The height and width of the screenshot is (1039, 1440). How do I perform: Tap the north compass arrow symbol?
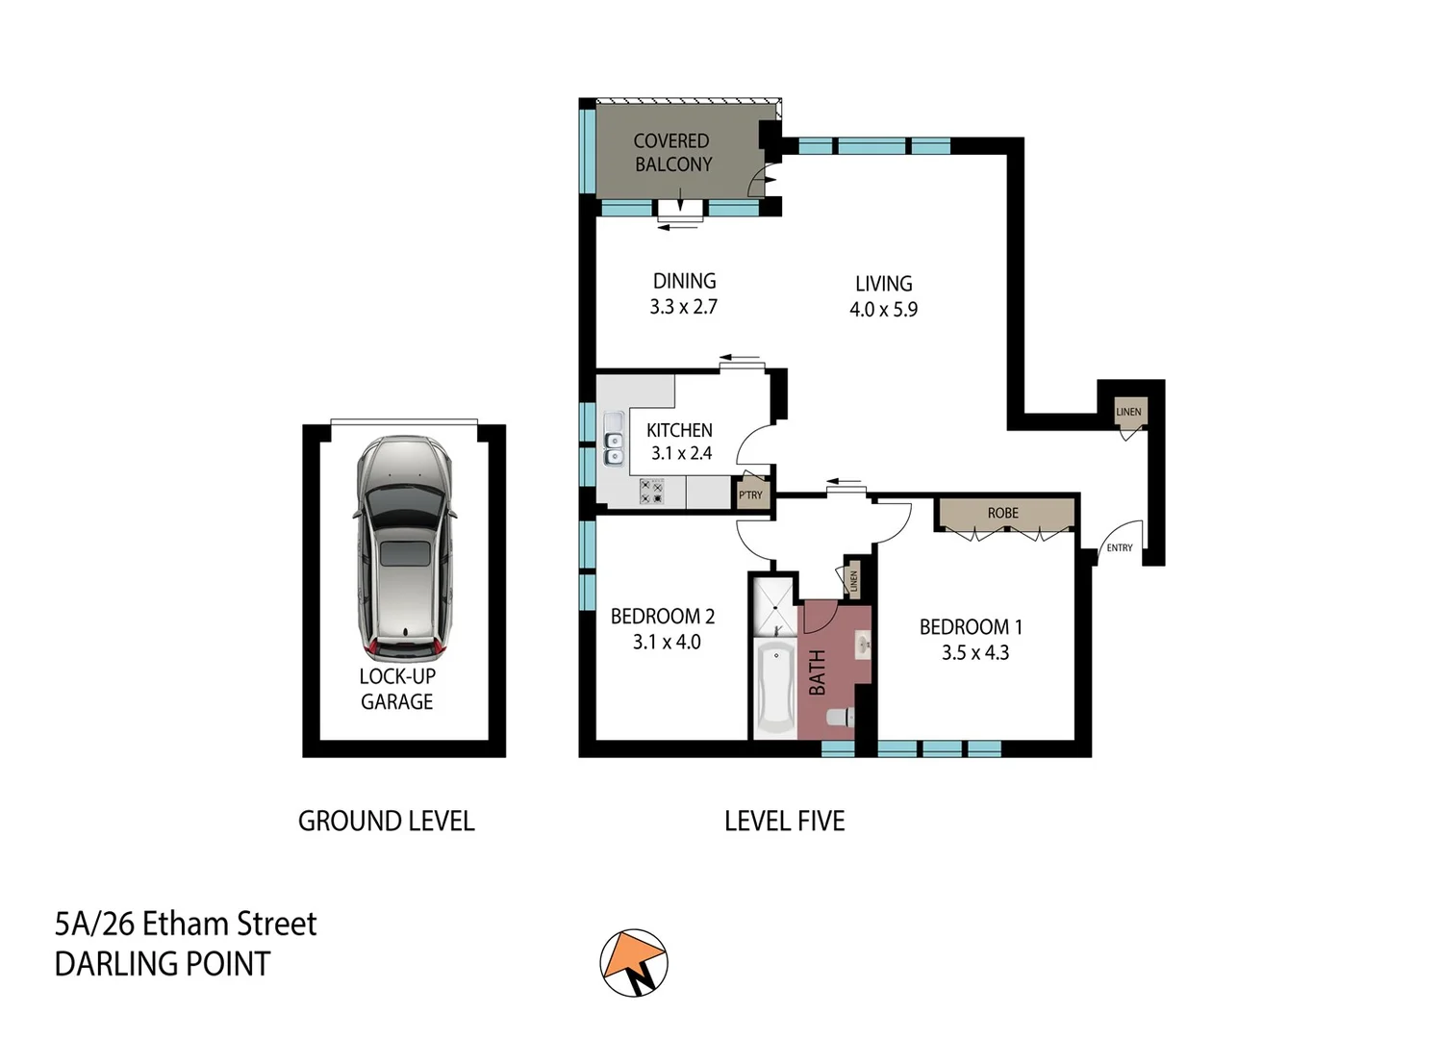coord(634,962)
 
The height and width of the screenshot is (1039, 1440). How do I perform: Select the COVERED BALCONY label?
coord(672,153)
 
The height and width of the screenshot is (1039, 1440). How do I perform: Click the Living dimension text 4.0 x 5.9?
coord(883,310)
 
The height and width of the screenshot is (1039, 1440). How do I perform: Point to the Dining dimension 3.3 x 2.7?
coord(683,307)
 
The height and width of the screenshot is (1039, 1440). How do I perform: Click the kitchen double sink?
coord(613,441)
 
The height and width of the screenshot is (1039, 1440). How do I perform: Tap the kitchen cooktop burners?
coord(651,493)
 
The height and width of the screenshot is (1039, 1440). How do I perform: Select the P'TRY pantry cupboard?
coord(750,494)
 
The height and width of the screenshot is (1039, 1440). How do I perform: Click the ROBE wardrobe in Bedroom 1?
coord(1003,513)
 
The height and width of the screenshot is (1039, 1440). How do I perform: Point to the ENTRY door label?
coord(1119,547)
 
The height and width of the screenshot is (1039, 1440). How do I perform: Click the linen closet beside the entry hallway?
coord(1128,412)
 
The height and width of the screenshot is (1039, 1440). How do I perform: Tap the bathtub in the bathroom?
coord(773,688)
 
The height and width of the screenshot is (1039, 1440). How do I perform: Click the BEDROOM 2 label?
coord(663,617)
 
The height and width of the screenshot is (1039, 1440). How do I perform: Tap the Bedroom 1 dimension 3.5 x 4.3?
coord(974,653)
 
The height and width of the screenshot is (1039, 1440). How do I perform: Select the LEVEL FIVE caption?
coord(784,822)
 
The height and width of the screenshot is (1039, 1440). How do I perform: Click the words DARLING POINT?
coord(163,964)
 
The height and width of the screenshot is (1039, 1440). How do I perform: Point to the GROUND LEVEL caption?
coord(386,822)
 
